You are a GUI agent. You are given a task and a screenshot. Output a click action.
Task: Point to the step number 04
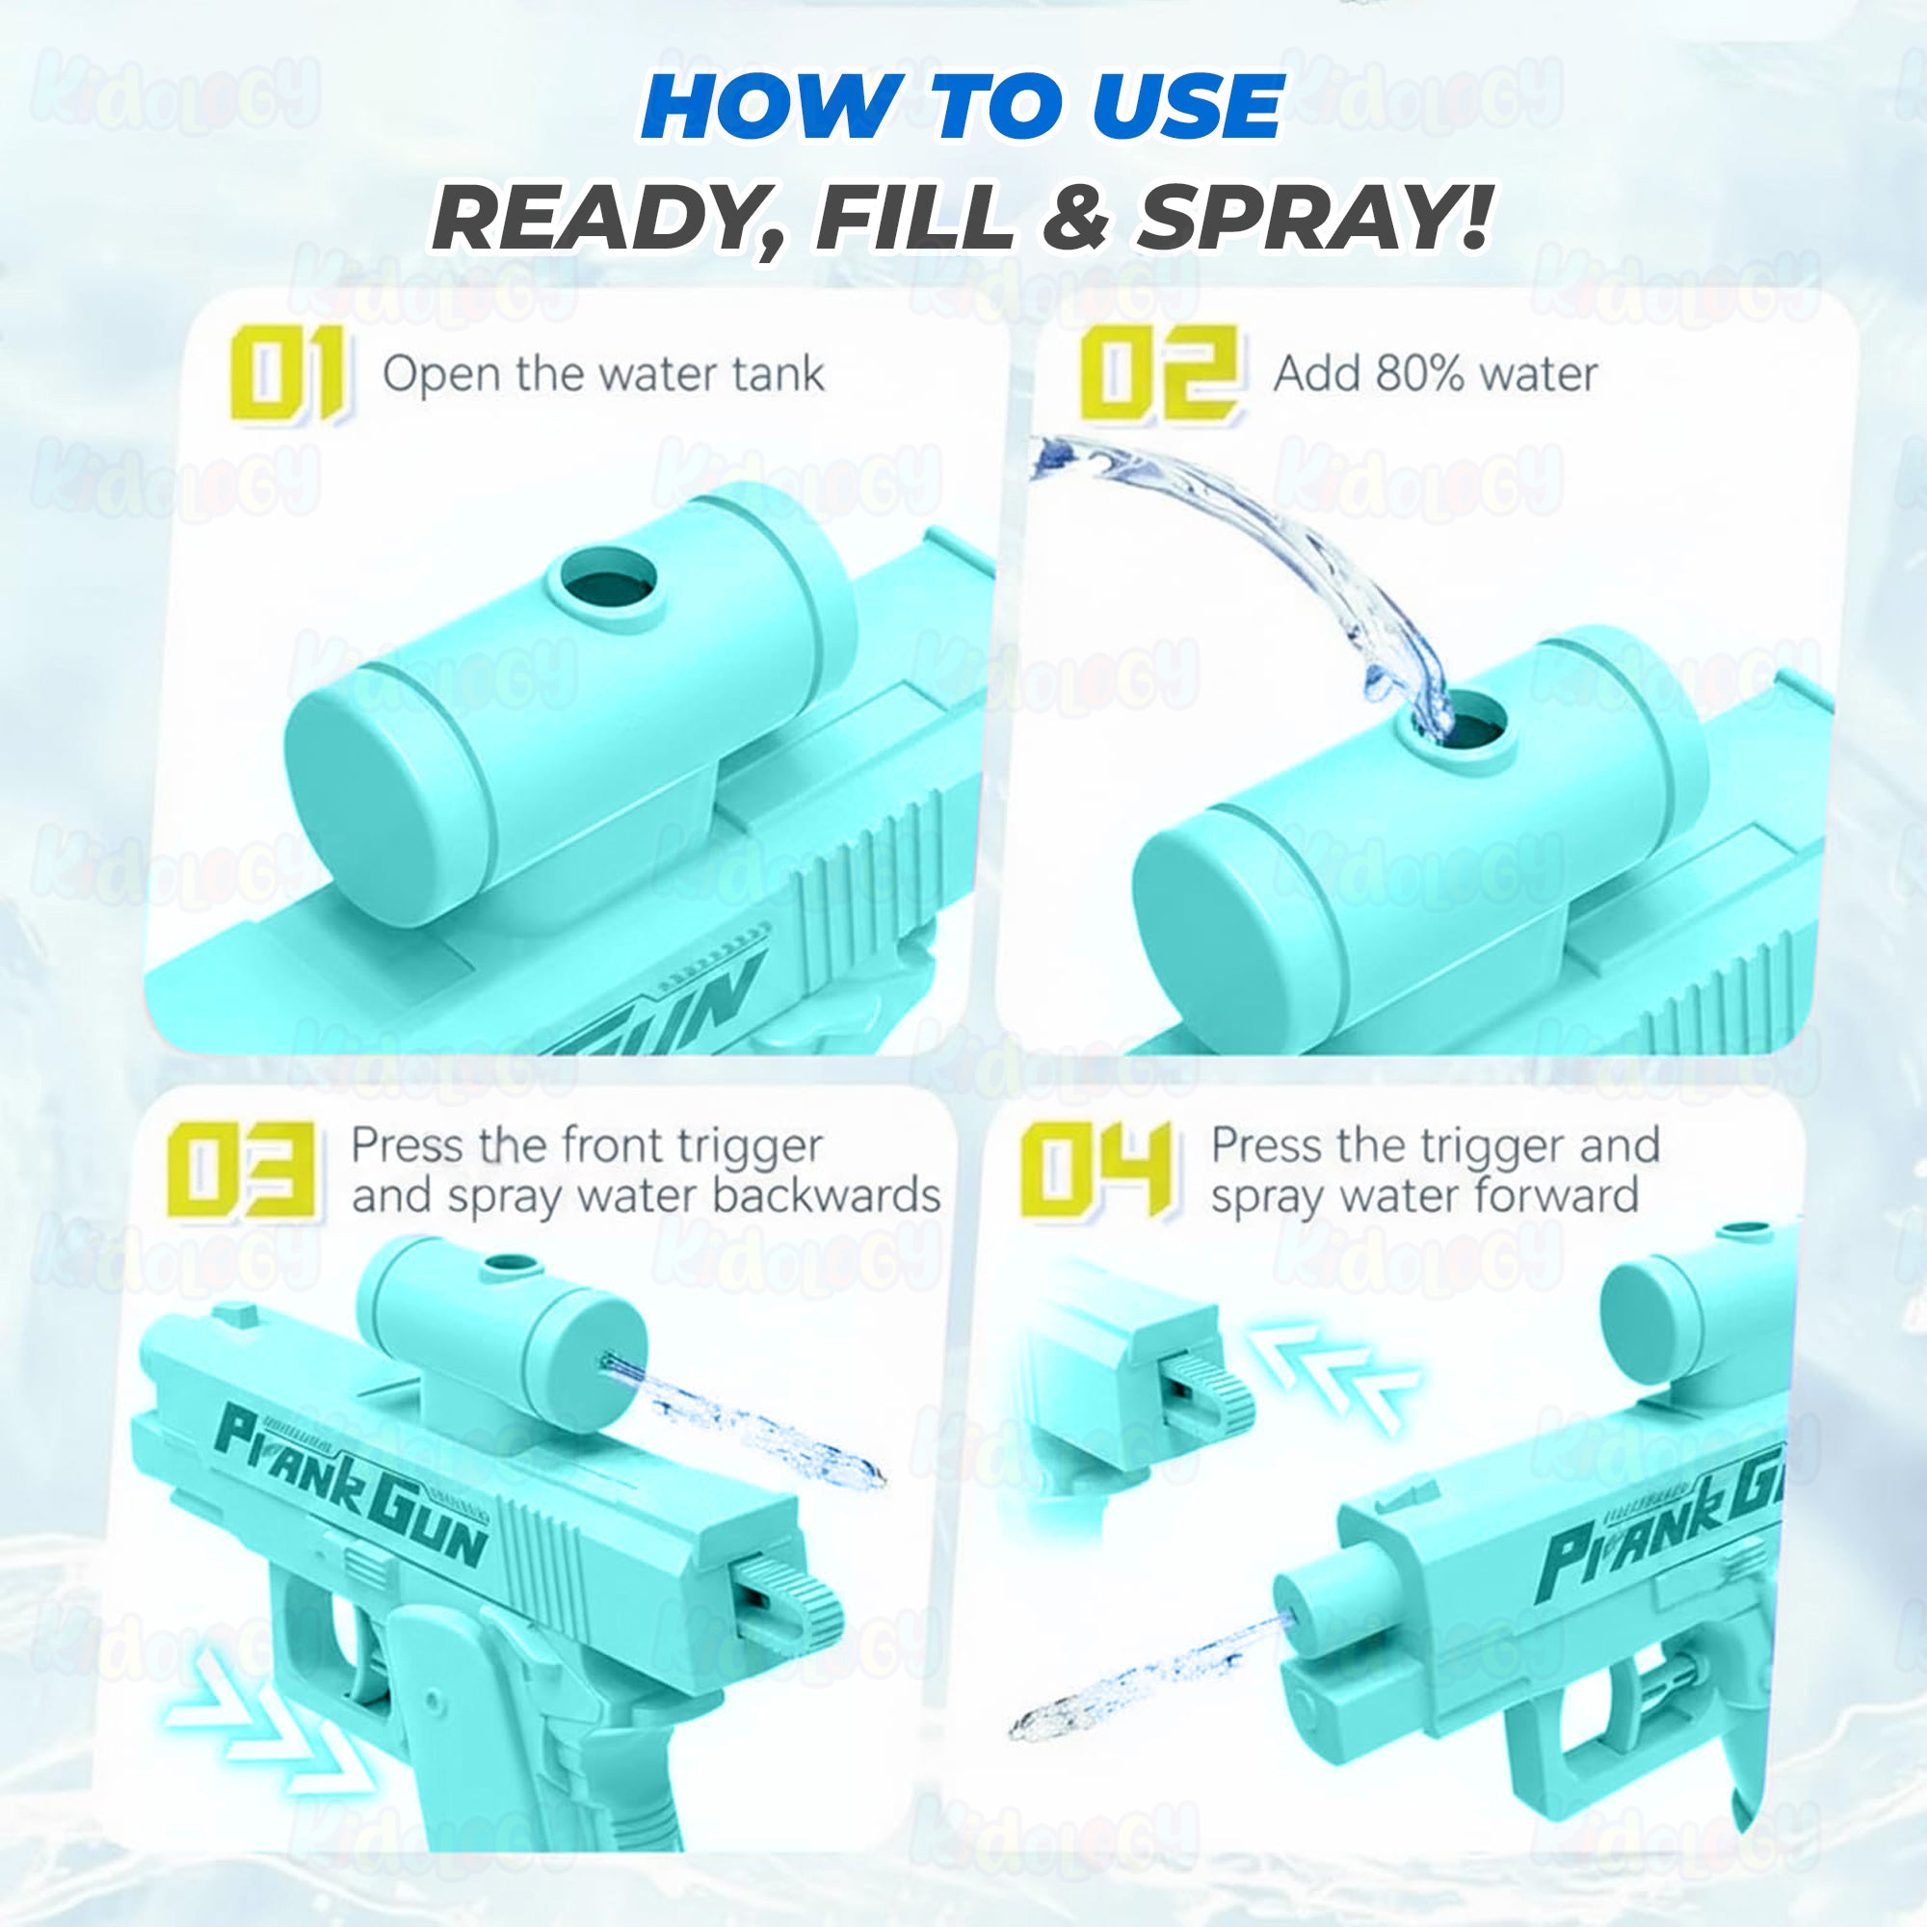click(x=1095, y=1169)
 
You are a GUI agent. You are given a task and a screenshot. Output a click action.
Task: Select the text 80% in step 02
click(x=1419, y=374)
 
